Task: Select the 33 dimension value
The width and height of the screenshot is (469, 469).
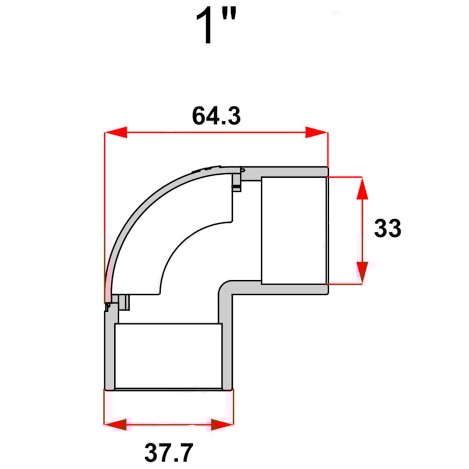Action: tap(388, 228)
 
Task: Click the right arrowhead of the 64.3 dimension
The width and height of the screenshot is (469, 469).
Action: tap(317, 133)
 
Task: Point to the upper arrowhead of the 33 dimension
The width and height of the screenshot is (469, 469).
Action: tap(362, 188)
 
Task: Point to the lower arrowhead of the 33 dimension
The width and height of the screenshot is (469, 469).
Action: tap(362, 271)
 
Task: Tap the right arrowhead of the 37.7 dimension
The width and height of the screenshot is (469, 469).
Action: tap(222, 424)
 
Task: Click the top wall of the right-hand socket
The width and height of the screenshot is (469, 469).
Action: tap(293, 172)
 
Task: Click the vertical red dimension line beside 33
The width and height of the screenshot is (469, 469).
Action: tap(362, 229)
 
